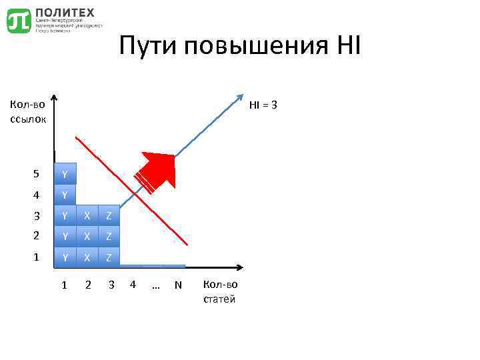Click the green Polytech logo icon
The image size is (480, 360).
[x=19, y=21]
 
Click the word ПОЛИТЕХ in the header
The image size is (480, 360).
[x=65, y=13]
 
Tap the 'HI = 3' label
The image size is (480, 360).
[x=263, y=105]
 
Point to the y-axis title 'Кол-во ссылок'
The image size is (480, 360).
[x=28, y=111]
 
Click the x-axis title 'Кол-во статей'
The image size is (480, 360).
[x=219, y=292]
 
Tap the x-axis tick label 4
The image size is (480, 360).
[x=133, y=285]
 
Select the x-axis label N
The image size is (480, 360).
[x=178, y=285]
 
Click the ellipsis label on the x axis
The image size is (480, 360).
[x=156, y=285]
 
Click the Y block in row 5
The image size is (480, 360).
[x=65, y=175]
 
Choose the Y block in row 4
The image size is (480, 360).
[x=65, y=195]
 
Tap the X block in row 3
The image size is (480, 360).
[x=87, y=216]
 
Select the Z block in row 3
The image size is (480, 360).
[x=109, y=216]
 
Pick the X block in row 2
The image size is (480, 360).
[x=87, y=236]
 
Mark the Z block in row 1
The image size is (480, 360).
[x=109, y=257]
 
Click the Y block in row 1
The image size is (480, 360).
[x=65, y=257]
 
